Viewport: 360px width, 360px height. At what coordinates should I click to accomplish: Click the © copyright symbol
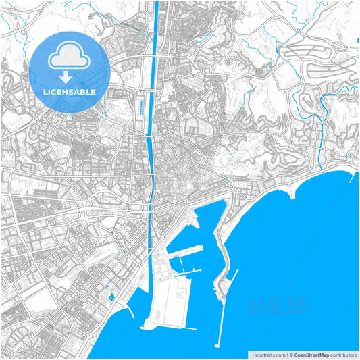click(290, 354)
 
